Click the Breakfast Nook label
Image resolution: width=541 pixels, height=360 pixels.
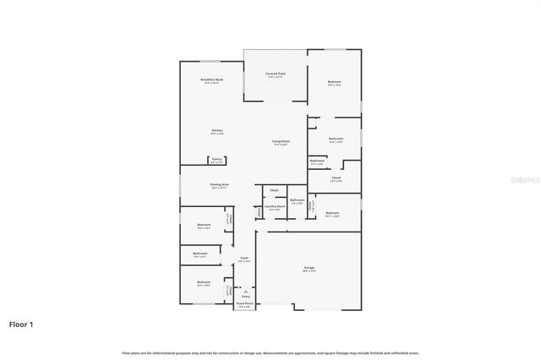(x=211, y=80)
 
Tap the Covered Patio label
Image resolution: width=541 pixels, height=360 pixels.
(x=276, y=74)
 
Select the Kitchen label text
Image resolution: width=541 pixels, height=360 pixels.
(x=216, y=131)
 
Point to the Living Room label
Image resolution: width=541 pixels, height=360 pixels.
(x=281, y=141)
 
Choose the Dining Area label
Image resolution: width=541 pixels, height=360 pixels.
(x=220, y=185)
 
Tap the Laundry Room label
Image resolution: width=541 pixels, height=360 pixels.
(x=273, y=206)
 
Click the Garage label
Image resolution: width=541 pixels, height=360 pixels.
(x=310, y=268)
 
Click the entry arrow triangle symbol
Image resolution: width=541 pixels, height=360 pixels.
(x=246, y=291)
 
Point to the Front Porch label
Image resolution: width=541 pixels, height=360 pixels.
(x=244, y=303)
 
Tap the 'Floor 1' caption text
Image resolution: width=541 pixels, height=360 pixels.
(x=21, y=324)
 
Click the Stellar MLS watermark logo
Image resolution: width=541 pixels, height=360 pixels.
(x=525, y=180)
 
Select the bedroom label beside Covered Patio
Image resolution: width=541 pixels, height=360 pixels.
(x=335, y=82)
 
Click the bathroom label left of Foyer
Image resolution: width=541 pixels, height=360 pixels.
(x=200, y=254)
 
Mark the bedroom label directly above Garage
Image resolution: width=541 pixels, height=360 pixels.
(x=333, y=213)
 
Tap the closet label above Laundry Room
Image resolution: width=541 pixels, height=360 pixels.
(x=274, y=190)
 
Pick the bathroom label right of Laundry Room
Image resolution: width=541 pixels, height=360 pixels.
(x=298, y=200)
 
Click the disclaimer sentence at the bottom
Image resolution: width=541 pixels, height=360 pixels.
(x=270, y=352)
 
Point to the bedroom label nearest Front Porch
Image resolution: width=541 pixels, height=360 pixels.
(x=203, y=282)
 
